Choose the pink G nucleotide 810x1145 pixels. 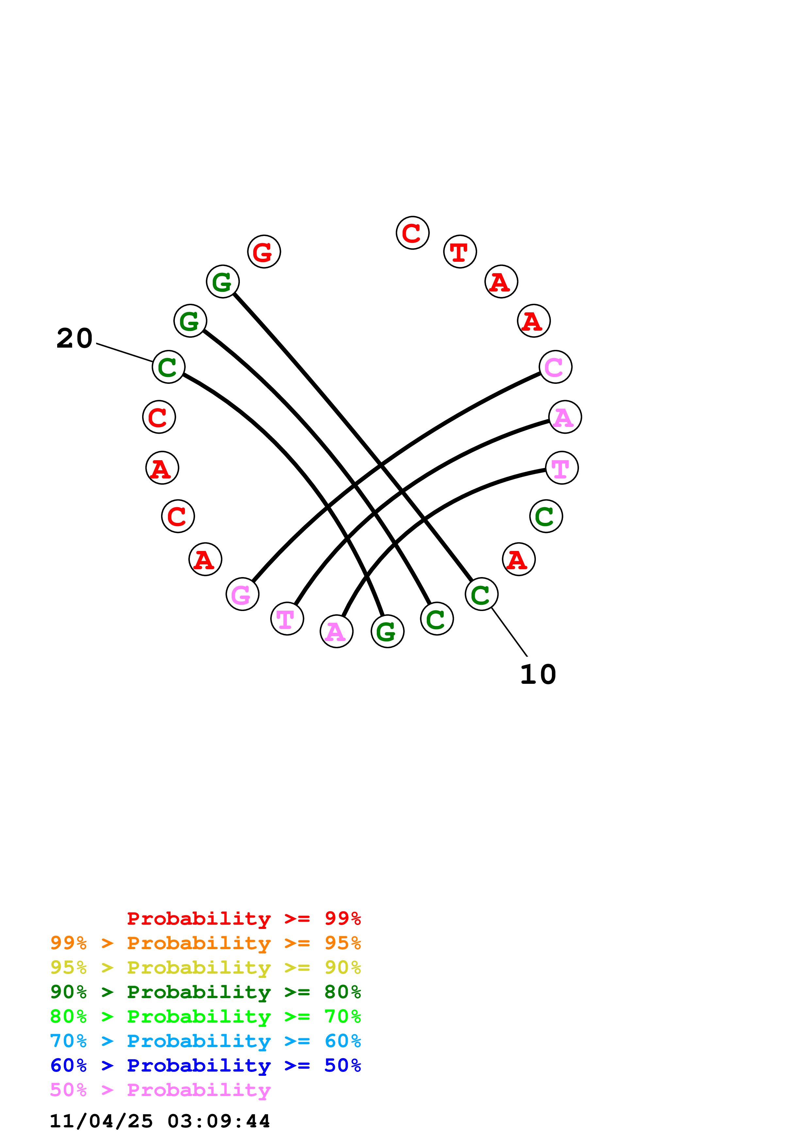point(242,594)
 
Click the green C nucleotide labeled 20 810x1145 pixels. point(168,367)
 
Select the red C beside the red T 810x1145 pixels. point(412,233)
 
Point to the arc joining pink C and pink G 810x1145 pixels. point(379,466)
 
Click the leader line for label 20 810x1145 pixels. point(125,353)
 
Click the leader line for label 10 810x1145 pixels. point(509,632)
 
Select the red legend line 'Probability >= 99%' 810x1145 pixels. point(243,918)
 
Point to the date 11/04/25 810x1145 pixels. point(101,1121)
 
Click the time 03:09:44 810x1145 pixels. point(219,1121)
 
